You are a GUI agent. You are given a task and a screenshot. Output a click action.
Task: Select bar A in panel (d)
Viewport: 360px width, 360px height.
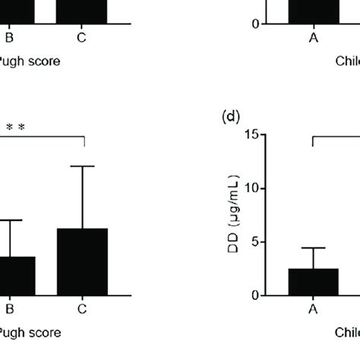(x=313, y=282)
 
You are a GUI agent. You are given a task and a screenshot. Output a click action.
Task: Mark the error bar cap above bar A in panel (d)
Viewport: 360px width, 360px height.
(x=313, y=248)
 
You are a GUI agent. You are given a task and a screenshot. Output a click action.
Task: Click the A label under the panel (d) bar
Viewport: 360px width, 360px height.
(x=313, y=310)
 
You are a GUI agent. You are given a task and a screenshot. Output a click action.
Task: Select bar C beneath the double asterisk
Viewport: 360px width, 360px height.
(x=82, y=262)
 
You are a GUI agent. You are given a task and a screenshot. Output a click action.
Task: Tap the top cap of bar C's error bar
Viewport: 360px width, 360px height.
(x=82, y=166)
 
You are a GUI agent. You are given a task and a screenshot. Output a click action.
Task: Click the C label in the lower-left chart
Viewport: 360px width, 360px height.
(x=82, y=310)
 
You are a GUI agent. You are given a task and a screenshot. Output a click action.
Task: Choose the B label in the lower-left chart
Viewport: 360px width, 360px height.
(x=10, y=310)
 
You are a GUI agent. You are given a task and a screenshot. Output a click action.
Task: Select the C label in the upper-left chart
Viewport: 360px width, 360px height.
(x=82, y=37)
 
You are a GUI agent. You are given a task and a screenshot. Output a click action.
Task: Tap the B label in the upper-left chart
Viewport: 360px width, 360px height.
(x=10, y=37)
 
